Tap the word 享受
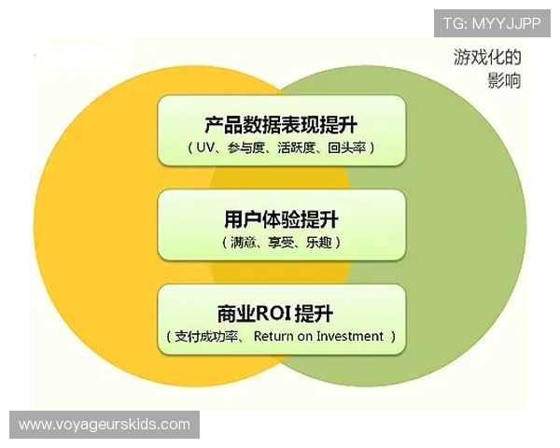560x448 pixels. tap(282, 243)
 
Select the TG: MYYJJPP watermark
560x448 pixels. tap(492, 21)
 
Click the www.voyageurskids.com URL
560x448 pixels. tap(105, 425)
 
